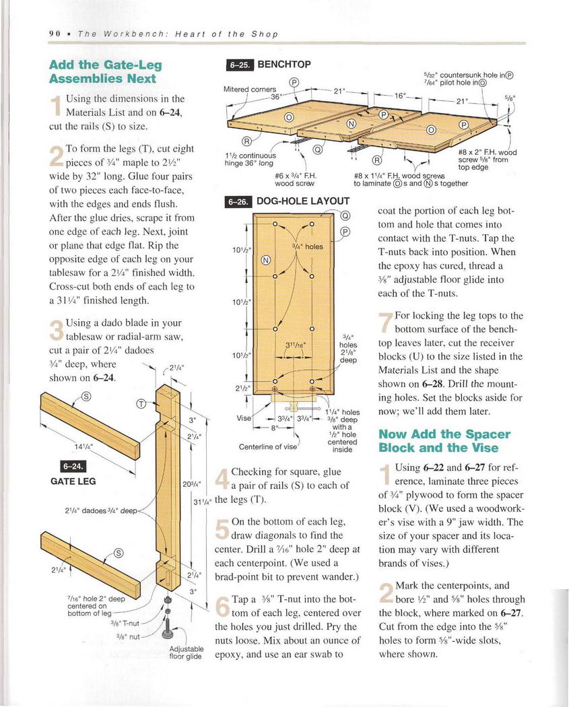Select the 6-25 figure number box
click(x=239, y=65)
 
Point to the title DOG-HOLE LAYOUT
click(x=304, y=201)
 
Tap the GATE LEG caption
click(x=74, y=481)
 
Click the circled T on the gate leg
click(x=141, y=404)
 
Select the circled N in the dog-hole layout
click(x=265, y=260)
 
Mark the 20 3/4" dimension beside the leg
click(x=189, y=483)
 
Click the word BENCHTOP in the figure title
click(x=285, y=65)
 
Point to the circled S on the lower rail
click(x=119, y=553)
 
